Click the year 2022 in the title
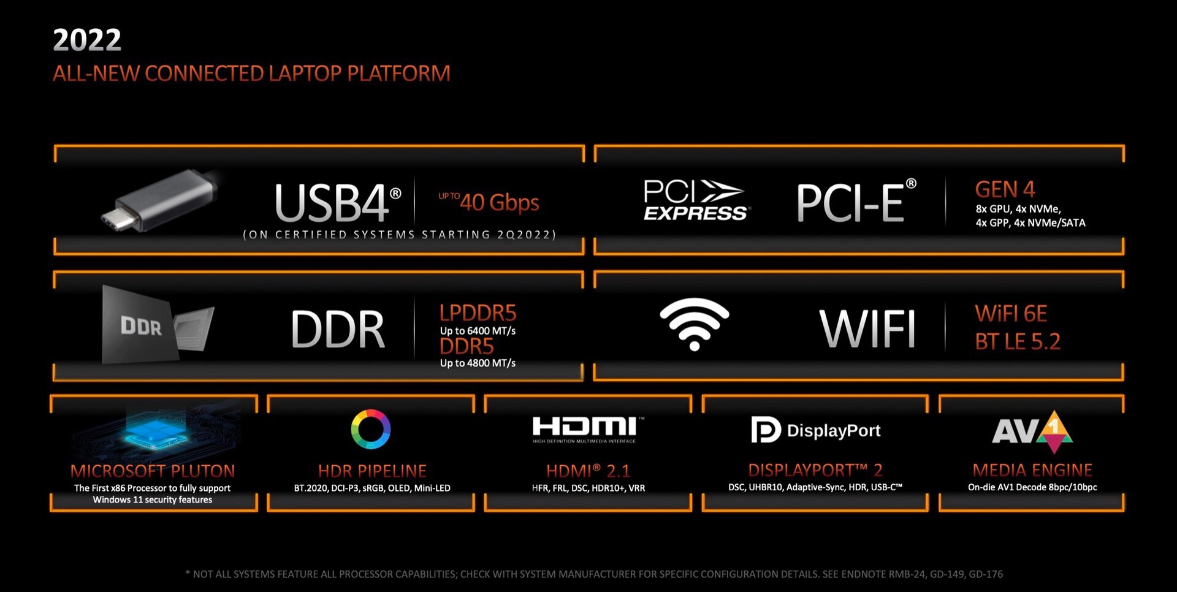pos(87,40)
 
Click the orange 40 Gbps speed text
pos(499,202)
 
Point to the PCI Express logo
pos(695,200)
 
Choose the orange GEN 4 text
pos(1005,189)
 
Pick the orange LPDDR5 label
pos(478,313)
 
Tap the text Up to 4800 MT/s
pos(478,363)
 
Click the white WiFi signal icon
pos(694,324)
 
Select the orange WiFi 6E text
pos(1011,314)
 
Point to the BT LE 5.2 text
pos(1017,341)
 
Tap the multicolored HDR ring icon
pos(370,429)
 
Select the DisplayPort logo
pos(815,430)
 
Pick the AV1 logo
pos(1032,431)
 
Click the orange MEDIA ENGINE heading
pos(1032,470)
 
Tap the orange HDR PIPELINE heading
pos(372,471)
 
